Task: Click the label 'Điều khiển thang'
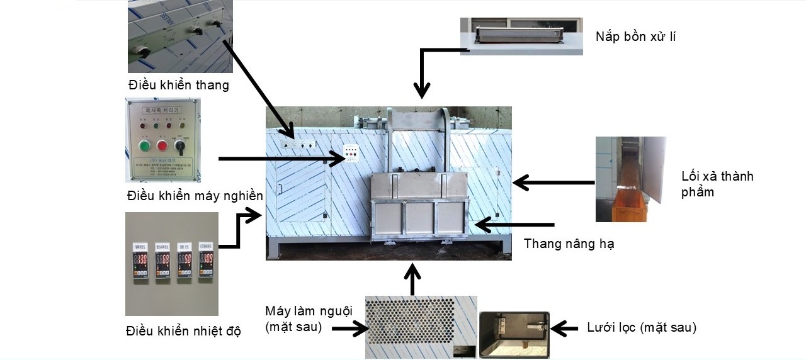(x=178, y=85)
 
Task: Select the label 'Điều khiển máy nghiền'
(x=195, y=196)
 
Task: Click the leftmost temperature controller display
(x=141, y=261)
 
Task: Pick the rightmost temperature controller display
(x=206, y=260)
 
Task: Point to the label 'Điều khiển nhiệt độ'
(x=183, y=330)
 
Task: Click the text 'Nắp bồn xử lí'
(x=635, y=37)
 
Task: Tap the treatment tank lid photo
(x=521, y=37)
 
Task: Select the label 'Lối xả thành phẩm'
(x=717, y=184)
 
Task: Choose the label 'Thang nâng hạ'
(x=569, y=244)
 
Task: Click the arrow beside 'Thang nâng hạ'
(x=514, y=225)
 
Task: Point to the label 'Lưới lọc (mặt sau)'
(x=641, y=327)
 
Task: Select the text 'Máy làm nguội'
(x=307, y=312)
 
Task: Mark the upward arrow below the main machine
(x=412, y=279)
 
